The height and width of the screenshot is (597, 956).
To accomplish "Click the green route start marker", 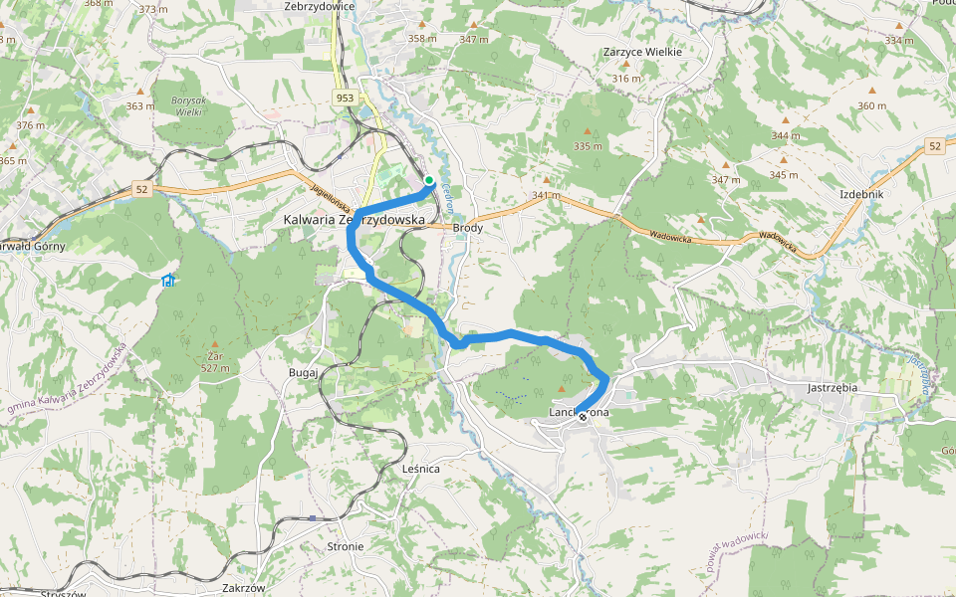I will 429,180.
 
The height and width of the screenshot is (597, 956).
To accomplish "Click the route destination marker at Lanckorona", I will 583,417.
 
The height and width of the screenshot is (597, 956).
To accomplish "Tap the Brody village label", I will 468,228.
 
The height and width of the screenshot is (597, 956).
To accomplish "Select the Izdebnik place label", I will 861,194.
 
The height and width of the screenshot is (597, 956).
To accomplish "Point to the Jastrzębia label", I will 835,388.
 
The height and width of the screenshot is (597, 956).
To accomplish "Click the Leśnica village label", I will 421,468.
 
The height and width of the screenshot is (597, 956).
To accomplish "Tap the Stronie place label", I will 346,547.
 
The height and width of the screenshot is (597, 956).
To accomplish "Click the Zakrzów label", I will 244,587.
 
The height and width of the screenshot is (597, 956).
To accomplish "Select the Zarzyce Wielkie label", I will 642,52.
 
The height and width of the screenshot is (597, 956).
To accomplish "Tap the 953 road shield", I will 345,98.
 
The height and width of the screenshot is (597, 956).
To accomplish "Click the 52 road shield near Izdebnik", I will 933,146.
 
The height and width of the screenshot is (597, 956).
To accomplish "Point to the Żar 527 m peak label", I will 214,361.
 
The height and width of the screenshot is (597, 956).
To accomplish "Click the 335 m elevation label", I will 589,146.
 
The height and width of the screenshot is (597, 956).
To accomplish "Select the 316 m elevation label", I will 626,79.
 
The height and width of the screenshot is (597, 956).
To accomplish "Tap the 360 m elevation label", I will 870,106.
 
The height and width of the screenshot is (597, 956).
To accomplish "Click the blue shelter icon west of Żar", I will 167,281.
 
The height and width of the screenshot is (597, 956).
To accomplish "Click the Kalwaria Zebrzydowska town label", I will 354,219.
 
